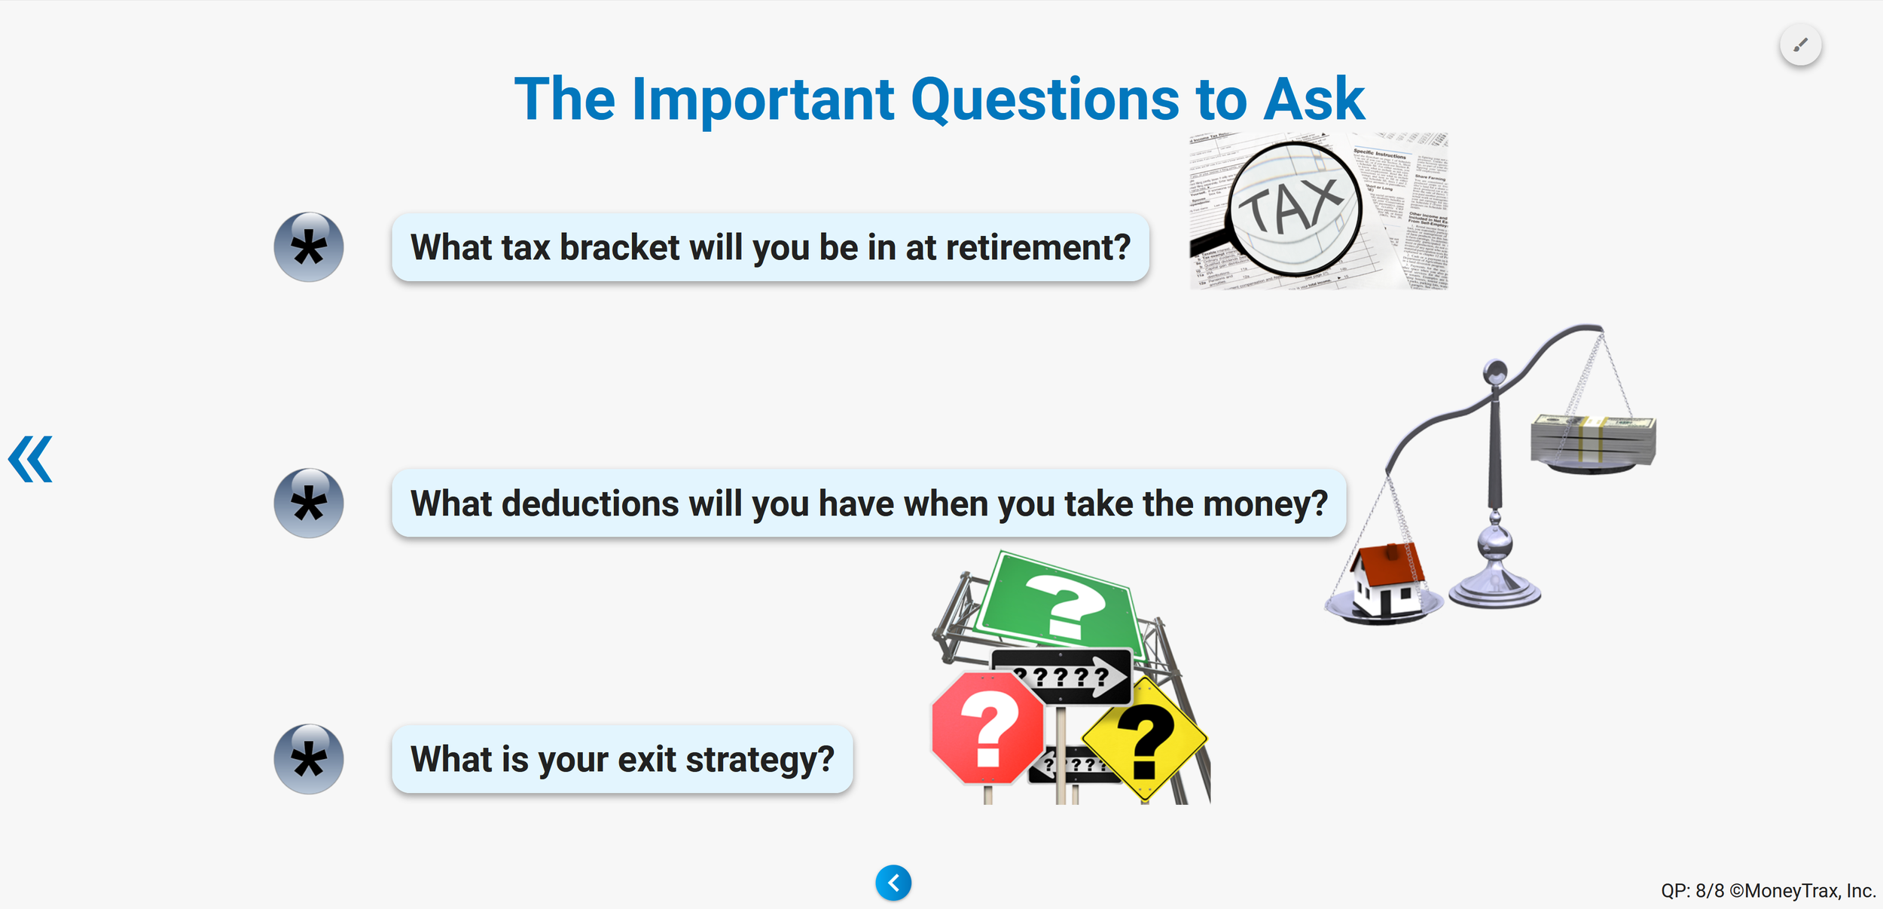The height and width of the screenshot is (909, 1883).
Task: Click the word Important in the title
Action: pos(762,99)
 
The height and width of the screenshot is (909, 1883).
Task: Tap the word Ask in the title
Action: pos(1314,99)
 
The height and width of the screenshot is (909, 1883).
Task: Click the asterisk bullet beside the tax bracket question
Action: pos(309,247)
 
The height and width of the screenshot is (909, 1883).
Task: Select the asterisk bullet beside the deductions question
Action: pos(309,503)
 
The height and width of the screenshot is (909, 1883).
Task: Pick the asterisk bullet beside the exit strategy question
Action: pos(309,759)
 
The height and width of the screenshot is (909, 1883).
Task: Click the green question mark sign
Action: pos(1062,603)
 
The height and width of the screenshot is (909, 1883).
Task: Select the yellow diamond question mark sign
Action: pos(1145,739)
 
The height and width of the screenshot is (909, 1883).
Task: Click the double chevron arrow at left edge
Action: pos(31,459)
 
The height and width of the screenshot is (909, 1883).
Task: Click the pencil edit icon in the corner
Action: pos(1800,45)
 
